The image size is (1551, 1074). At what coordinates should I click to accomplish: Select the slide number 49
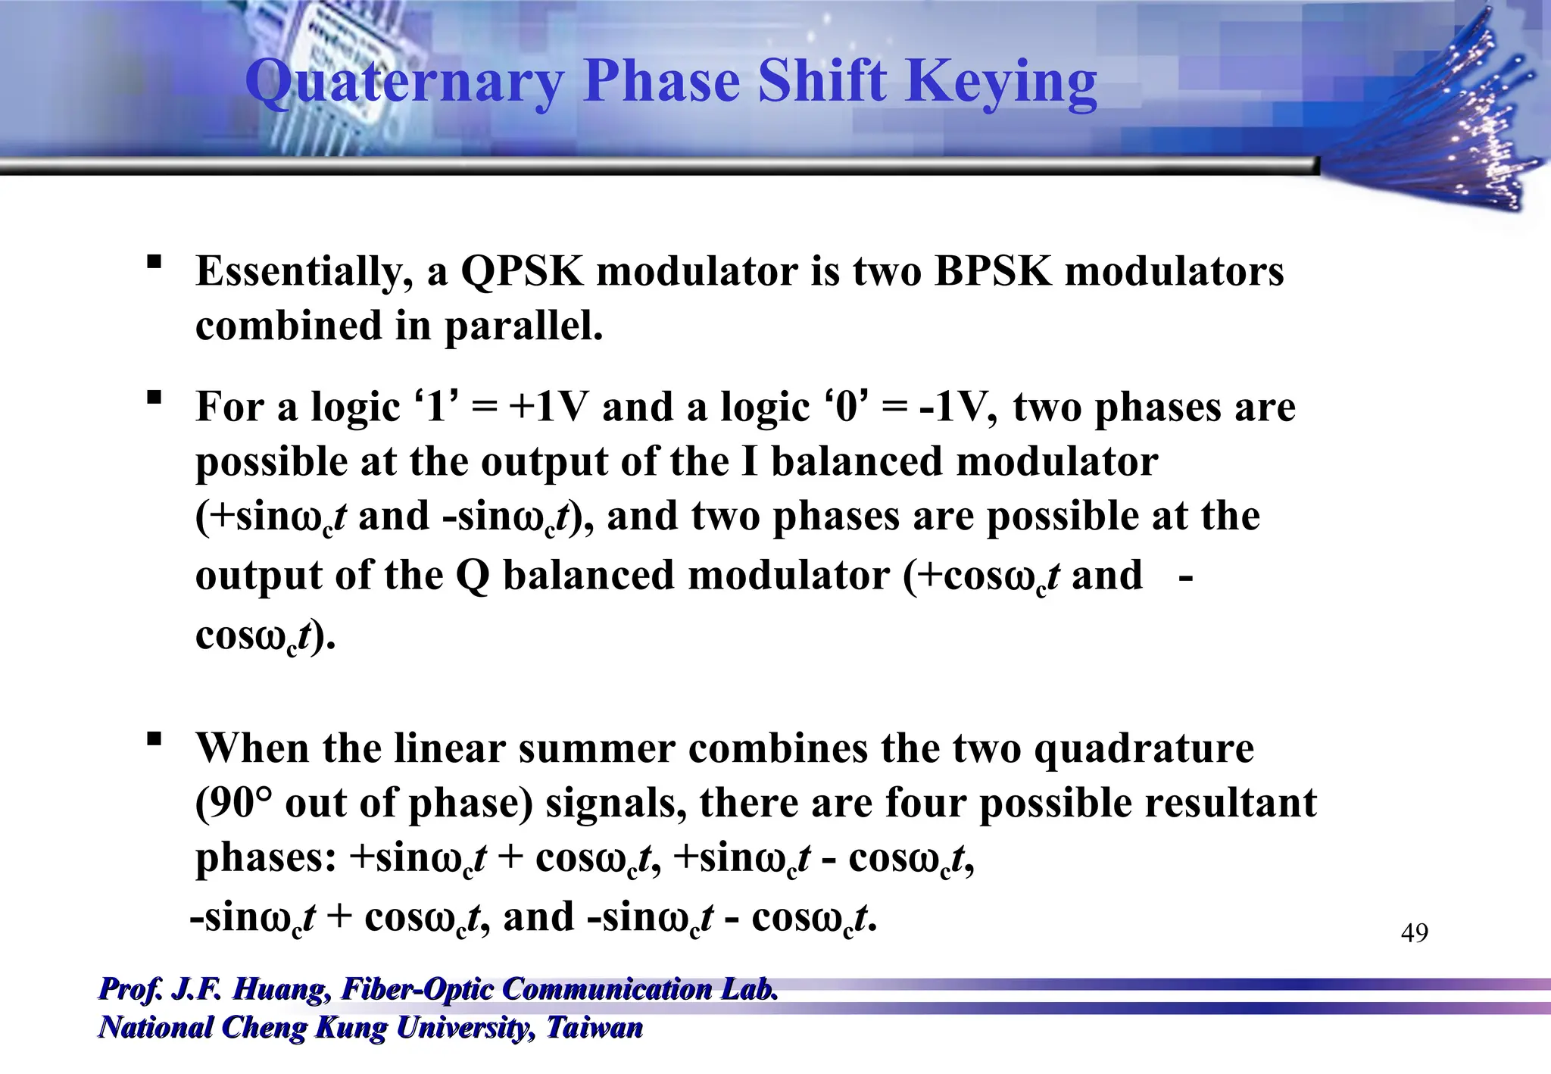click(1414, 932)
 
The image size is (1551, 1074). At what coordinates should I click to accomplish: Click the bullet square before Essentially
click(154, 262)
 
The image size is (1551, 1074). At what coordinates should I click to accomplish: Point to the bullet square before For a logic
click(154, 397)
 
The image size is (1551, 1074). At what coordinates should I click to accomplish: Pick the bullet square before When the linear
click(154, 738)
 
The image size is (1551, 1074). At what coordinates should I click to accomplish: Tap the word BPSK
click(993, 271)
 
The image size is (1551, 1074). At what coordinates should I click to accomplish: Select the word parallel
click(523, 326)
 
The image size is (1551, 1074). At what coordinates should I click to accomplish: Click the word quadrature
click(1144, 748)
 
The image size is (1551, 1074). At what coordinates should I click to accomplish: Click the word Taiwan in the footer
click(594, 1028)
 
